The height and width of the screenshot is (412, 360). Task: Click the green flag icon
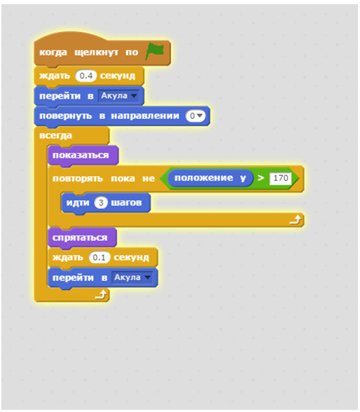(155, 51)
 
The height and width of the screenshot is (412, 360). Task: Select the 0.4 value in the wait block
(86, 76)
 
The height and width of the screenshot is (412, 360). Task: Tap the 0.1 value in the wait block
(99, 258)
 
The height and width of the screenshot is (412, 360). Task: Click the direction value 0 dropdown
(195, 116)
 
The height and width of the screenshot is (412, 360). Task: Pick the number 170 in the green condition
(281, 178)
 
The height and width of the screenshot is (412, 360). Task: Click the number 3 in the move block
(101, 203)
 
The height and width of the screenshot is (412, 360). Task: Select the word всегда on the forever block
(56, 135)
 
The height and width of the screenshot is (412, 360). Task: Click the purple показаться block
(83, 156)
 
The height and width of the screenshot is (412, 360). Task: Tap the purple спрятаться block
(82, 238)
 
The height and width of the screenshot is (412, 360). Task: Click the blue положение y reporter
(210, 178)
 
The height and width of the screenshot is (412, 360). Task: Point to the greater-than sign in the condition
(261, 178)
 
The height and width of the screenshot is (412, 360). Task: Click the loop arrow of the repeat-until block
(295, 220)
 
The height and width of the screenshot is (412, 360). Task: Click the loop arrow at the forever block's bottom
(101, 295)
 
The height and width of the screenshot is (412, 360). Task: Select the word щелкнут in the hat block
(97, 53)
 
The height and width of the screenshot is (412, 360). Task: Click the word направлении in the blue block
(145, 116)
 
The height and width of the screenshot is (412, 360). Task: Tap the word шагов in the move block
(126, 203)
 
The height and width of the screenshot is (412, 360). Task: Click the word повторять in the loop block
(78, 179)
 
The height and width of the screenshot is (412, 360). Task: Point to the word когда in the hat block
(53, 53)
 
